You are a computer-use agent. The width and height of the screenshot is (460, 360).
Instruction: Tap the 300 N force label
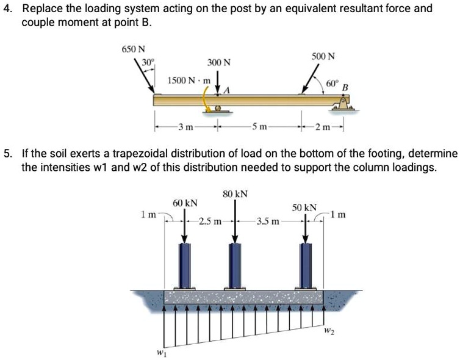pyautogui.click(x=219, y=63)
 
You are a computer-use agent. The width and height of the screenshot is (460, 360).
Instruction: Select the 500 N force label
pyautogui.click(x=323, y=57)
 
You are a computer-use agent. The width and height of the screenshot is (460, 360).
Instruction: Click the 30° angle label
pyautogui.click(x=149, y=62)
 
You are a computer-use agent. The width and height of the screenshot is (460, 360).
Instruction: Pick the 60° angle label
pyautogui.click(x=332, y=82)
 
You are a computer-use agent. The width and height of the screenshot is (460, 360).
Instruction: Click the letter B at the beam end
pyautogui.click(x=345, y=88)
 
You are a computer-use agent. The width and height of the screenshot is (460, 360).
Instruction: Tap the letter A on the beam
pyautogui.click(x=228, y=90)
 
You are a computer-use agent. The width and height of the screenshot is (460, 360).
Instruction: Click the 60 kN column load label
pyautogui.click(x=185, y=202)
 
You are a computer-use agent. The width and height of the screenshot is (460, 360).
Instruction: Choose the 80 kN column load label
pyautogui.click(x=235, y=193)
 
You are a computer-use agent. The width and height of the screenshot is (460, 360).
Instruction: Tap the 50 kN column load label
pyautogui.click(x=304, y=207)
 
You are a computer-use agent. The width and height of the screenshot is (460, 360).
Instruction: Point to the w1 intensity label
pyautogui.click(x=159, y=351)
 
